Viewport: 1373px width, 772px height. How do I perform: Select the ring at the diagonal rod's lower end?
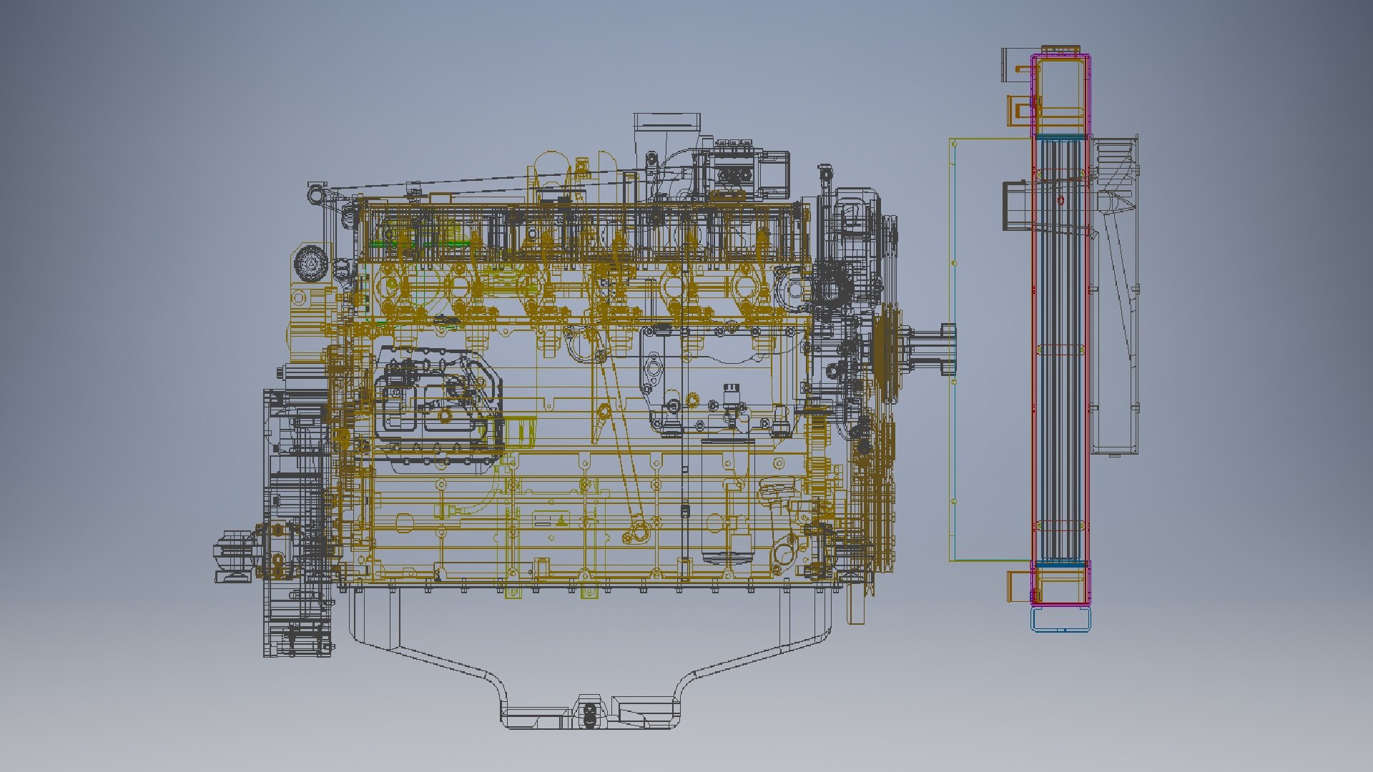[635, 532]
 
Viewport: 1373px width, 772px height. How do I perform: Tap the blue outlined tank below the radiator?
[1061, 619]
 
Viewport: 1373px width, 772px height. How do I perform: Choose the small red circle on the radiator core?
[1061, 201]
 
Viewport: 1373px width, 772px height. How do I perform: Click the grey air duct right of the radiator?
[1116, 300]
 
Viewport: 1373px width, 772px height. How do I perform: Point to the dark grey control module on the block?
[436, 400]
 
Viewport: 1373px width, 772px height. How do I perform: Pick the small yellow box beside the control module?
[520, 432]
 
